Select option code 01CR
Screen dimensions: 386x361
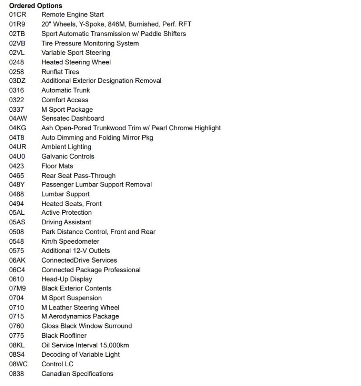[17, 15]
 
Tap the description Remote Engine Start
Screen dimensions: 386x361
[72, 15]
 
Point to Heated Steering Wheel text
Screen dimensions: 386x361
[76, 62]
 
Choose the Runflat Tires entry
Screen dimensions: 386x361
[60, 72]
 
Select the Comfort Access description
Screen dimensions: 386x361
[65, 100]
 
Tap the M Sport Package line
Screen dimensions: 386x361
[67, 109]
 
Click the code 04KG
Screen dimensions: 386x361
[17, 128]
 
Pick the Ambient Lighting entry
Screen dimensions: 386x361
[66, 147]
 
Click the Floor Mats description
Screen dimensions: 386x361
[57, 166]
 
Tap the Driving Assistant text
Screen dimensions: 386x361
[66, 222]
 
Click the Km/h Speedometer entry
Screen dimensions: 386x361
[70, 241]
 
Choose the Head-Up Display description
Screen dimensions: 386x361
[67, 279]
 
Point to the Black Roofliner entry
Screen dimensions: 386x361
[64, 335]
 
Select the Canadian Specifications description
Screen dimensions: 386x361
[77, 374]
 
